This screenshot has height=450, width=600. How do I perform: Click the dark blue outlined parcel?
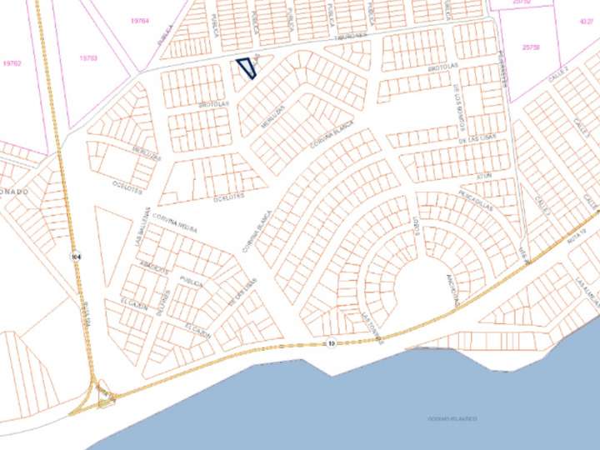(245, 69)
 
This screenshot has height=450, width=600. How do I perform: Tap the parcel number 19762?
(12, 62)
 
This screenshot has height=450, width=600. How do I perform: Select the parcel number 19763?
(87, 57)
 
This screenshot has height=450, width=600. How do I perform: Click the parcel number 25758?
(530, 47)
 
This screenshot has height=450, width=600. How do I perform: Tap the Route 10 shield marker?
(330, 342)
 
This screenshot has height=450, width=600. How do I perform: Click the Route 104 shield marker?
(75, 254)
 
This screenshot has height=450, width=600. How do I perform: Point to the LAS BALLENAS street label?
(144, 226)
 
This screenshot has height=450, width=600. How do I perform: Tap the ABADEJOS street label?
(156, 268)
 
